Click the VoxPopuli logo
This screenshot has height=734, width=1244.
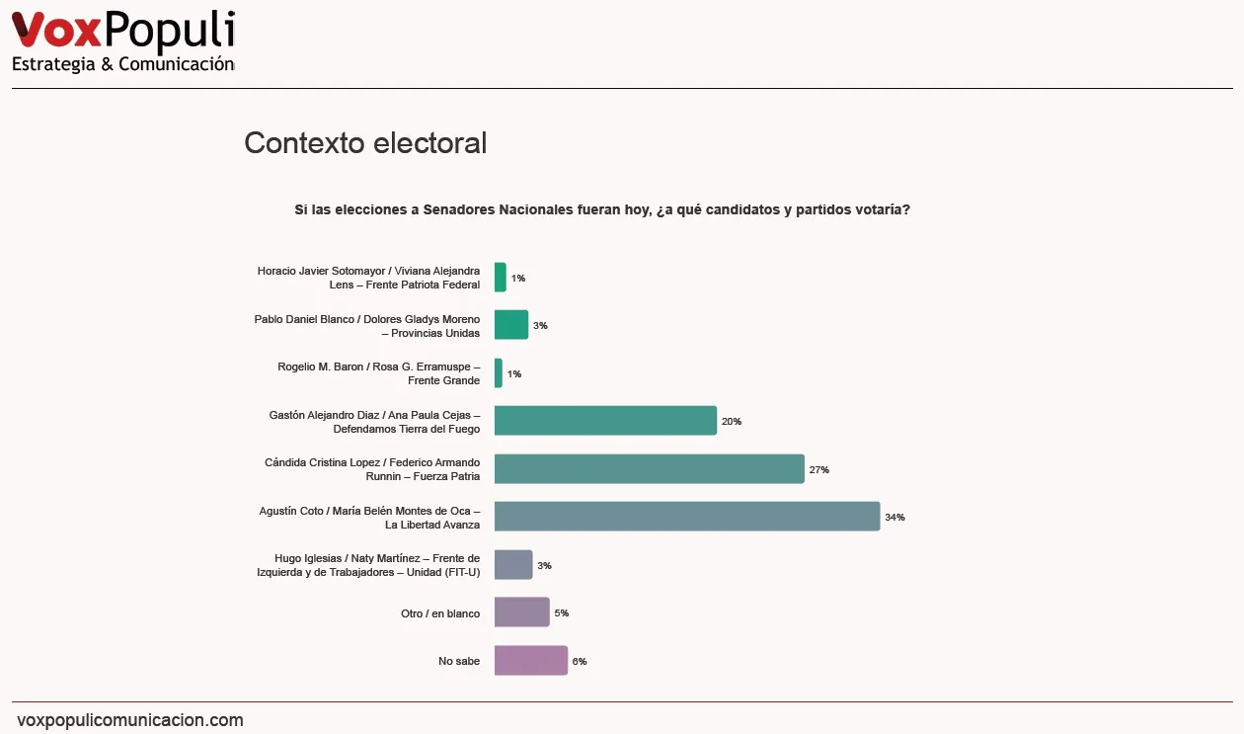tap(122, 31)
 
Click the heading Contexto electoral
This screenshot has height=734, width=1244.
tap(365, 143)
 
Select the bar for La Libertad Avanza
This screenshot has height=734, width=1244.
tap(686, 517)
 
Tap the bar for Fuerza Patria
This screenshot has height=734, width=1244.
tap(649, 469)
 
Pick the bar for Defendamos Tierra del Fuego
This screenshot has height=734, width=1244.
tap(604, 421)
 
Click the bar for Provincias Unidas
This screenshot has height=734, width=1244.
tap(510, 325)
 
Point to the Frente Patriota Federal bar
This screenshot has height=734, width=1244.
tap(500, 278)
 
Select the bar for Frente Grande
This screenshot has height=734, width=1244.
tap(499, 373)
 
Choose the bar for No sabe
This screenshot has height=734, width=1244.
tap(530, 661)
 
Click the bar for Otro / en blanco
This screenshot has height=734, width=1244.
tap(521, 612)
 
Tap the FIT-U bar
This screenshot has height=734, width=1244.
tap(512, 565)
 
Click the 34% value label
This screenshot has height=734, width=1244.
tap(894, 518)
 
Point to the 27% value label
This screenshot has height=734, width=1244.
tap(818, 470)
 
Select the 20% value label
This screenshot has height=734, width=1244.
tap(731, 422)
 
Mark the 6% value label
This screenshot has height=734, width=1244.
tap(580, 662)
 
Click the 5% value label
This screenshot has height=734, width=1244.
tap(561, 613)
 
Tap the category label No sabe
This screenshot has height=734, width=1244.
tap(459, 662)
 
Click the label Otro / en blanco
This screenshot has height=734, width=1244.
tap(440, 613)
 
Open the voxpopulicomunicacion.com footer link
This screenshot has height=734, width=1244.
tap(130, 720)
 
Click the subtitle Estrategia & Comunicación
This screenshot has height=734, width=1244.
tap(122, 64)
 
